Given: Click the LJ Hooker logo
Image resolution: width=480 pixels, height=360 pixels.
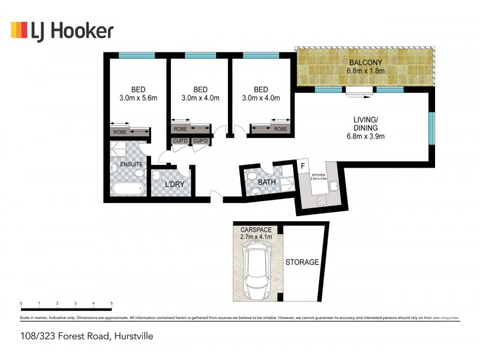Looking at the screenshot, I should [x=62, y=30].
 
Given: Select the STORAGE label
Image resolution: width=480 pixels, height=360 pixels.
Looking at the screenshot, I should [x=302, y=262].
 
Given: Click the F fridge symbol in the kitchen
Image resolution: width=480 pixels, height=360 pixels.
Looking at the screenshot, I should [x=303, y=166].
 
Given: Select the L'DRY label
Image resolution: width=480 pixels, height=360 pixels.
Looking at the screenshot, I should [x=175, y=184].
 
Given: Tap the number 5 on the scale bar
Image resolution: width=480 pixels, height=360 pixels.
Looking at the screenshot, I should [x=112, y=304].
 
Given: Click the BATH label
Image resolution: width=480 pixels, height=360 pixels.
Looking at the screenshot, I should [x=266, y=182].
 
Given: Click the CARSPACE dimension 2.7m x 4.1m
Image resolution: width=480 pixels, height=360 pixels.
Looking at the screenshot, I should [x=256, y=237].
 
